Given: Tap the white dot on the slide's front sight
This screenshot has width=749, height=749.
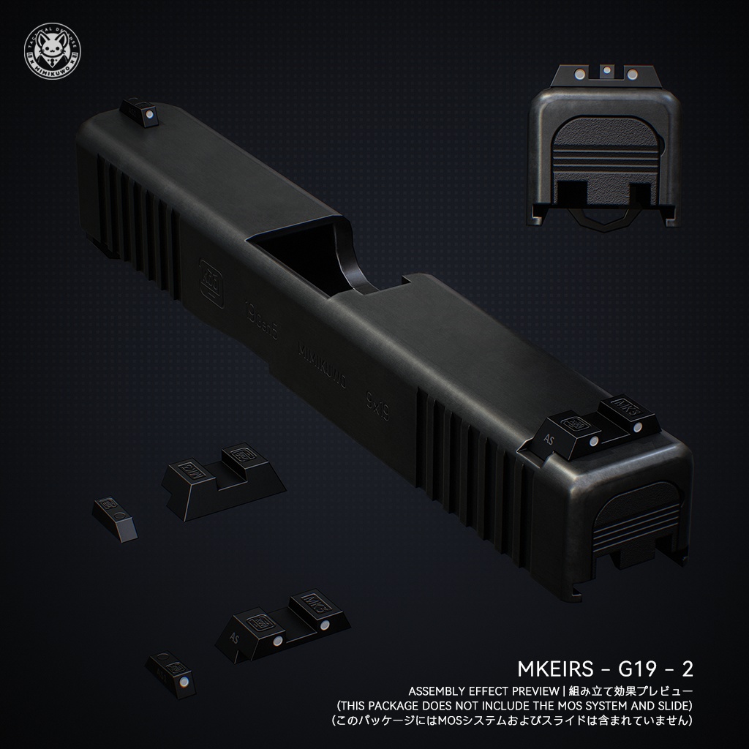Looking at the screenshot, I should [147, 114].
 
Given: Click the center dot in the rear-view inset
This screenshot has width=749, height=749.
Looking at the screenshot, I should [606, 72].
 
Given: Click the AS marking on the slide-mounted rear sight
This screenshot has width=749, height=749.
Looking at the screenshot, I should [551, 439].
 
